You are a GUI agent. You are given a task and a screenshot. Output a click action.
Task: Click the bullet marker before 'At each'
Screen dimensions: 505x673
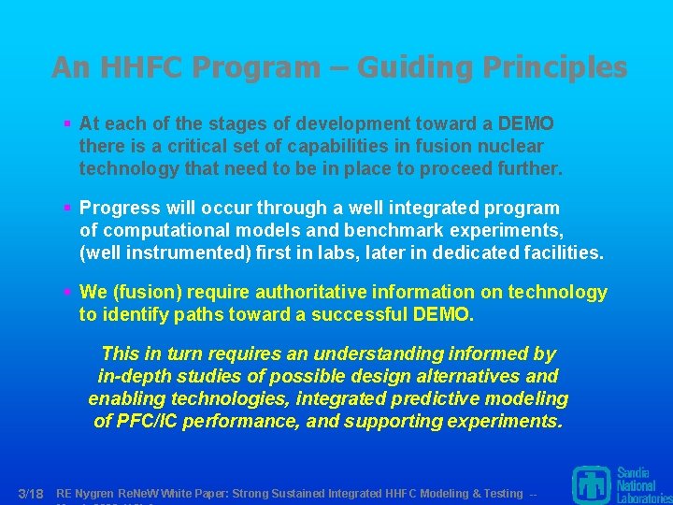pyautogui.click(x=67, y=123)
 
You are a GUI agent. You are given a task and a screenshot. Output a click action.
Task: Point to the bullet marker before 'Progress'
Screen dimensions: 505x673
pyautogui.click(x=67, y=208)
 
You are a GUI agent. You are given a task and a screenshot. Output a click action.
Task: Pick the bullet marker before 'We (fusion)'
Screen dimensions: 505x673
pyautogui.click(x=67, y=293)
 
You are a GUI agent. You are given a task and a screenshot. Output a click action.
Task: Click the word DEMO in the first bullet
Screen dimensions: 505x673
pyautogui.click(x=526, y=123)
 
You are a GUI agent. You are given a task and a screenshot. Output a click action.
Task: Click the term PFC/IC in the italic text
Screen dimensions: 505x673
pyautogui.click(x=148, y=421)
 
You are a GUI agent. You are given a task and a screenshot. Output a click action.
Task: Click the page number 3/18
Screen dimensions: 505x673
pyautogui.click(x=31, y=493)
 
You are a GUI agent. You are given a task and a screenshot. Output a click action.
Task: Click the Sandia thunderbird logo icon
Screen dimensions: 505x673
pyautogui.click(x=591, y=484)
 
